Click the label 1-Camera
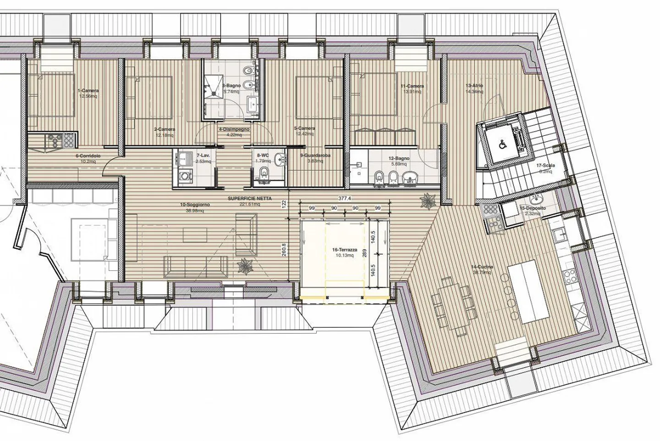pos(88,91)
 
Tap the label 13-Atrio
pos(474,86)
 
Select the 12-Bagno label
pos(400,158)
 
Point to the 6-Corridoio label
pos(88,156)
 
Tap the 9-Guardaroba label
pos(315,156)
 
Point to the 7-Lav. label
pos(203,156)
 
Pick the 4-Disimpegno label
pos(234,129)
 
